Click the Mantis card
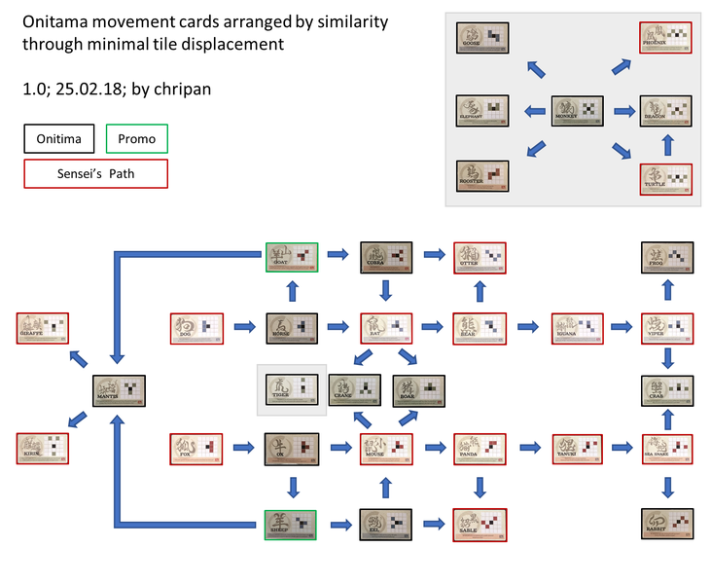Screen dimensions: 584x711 pos(119,390)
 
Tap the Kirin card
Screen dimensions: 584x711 pos(44,448)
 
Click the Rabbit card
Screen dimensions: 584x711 pos(667,523)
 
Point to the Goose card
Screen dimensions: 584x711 pos(482,38)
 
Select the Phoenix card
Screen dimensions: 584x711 pos(666,38)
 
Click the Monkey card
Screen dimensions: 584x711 pos(579,109)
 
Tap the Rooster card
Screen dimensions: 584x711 pos(482,176)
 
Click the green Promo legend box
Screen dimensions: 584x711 pos(136,139)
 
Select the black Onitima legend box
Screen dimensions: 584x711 pos(58,139)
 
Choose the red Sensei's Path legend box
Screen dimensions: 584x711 pos(95,174)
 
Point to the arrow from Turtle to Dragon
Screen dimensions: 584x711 pos(667,145)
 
